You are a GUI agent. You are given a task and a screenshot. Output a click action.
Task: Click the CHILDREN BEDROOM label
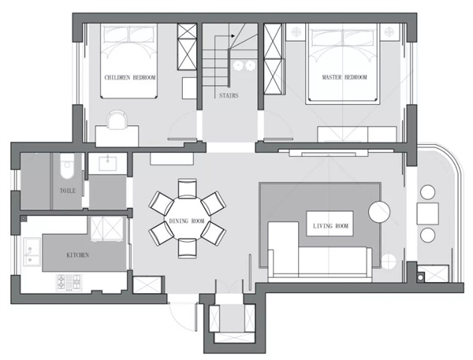pos(130,77)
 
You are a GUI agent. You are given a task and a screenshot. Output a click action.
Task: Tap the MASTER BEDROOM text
pos(345,77)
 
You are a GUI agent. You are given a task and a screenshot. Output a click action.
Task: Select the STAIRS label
pos(229,95)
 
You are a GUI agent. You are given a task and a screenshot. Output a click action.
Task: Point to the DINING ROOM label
pos(187,221)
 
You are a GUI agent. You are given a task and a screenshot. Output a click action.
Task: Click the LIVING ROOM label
pos(330,226)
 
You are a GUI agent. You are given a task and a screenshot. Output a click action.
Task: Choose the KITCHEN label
pos(78,255)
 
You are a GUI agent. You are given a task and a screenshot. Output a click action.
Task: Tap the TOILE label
pos(68,191)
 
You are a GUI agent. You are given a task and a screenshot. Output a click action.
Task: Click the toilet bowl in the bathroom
pos(67,166)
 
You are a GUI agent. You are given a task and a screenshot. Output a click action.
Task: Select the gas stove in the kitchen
pos(69,283)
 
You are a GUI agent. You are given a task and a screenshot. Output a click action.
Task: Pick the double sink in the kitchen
pos(32,252)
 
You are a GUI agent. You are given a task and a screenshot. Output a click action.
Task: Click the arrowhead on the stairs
pos(233,36)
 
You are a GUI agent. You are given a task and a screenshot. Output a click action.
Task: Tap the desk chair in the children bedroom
pos(117,120)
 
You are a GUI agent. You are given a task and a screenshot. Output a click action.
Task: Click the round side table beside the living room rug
pos(379,212)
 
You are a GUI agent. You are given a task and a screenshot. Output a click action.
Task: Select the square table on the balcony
pos(428,213)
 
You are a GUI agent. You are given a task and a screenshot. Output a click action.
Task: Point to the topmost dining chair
pos(188,189)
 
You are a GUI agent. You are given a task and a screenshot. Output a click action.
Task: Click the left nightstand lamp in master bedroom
pos(296,32)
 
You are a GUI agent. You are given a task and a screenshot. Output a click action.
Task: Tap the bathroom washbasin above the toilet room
pos(107,163)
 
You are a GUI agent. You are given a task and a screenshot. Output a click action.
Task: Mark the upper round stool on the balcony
pos(428,192)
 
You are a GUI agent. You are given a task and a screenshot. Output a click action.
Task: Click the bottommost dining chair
pos(188,248)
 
